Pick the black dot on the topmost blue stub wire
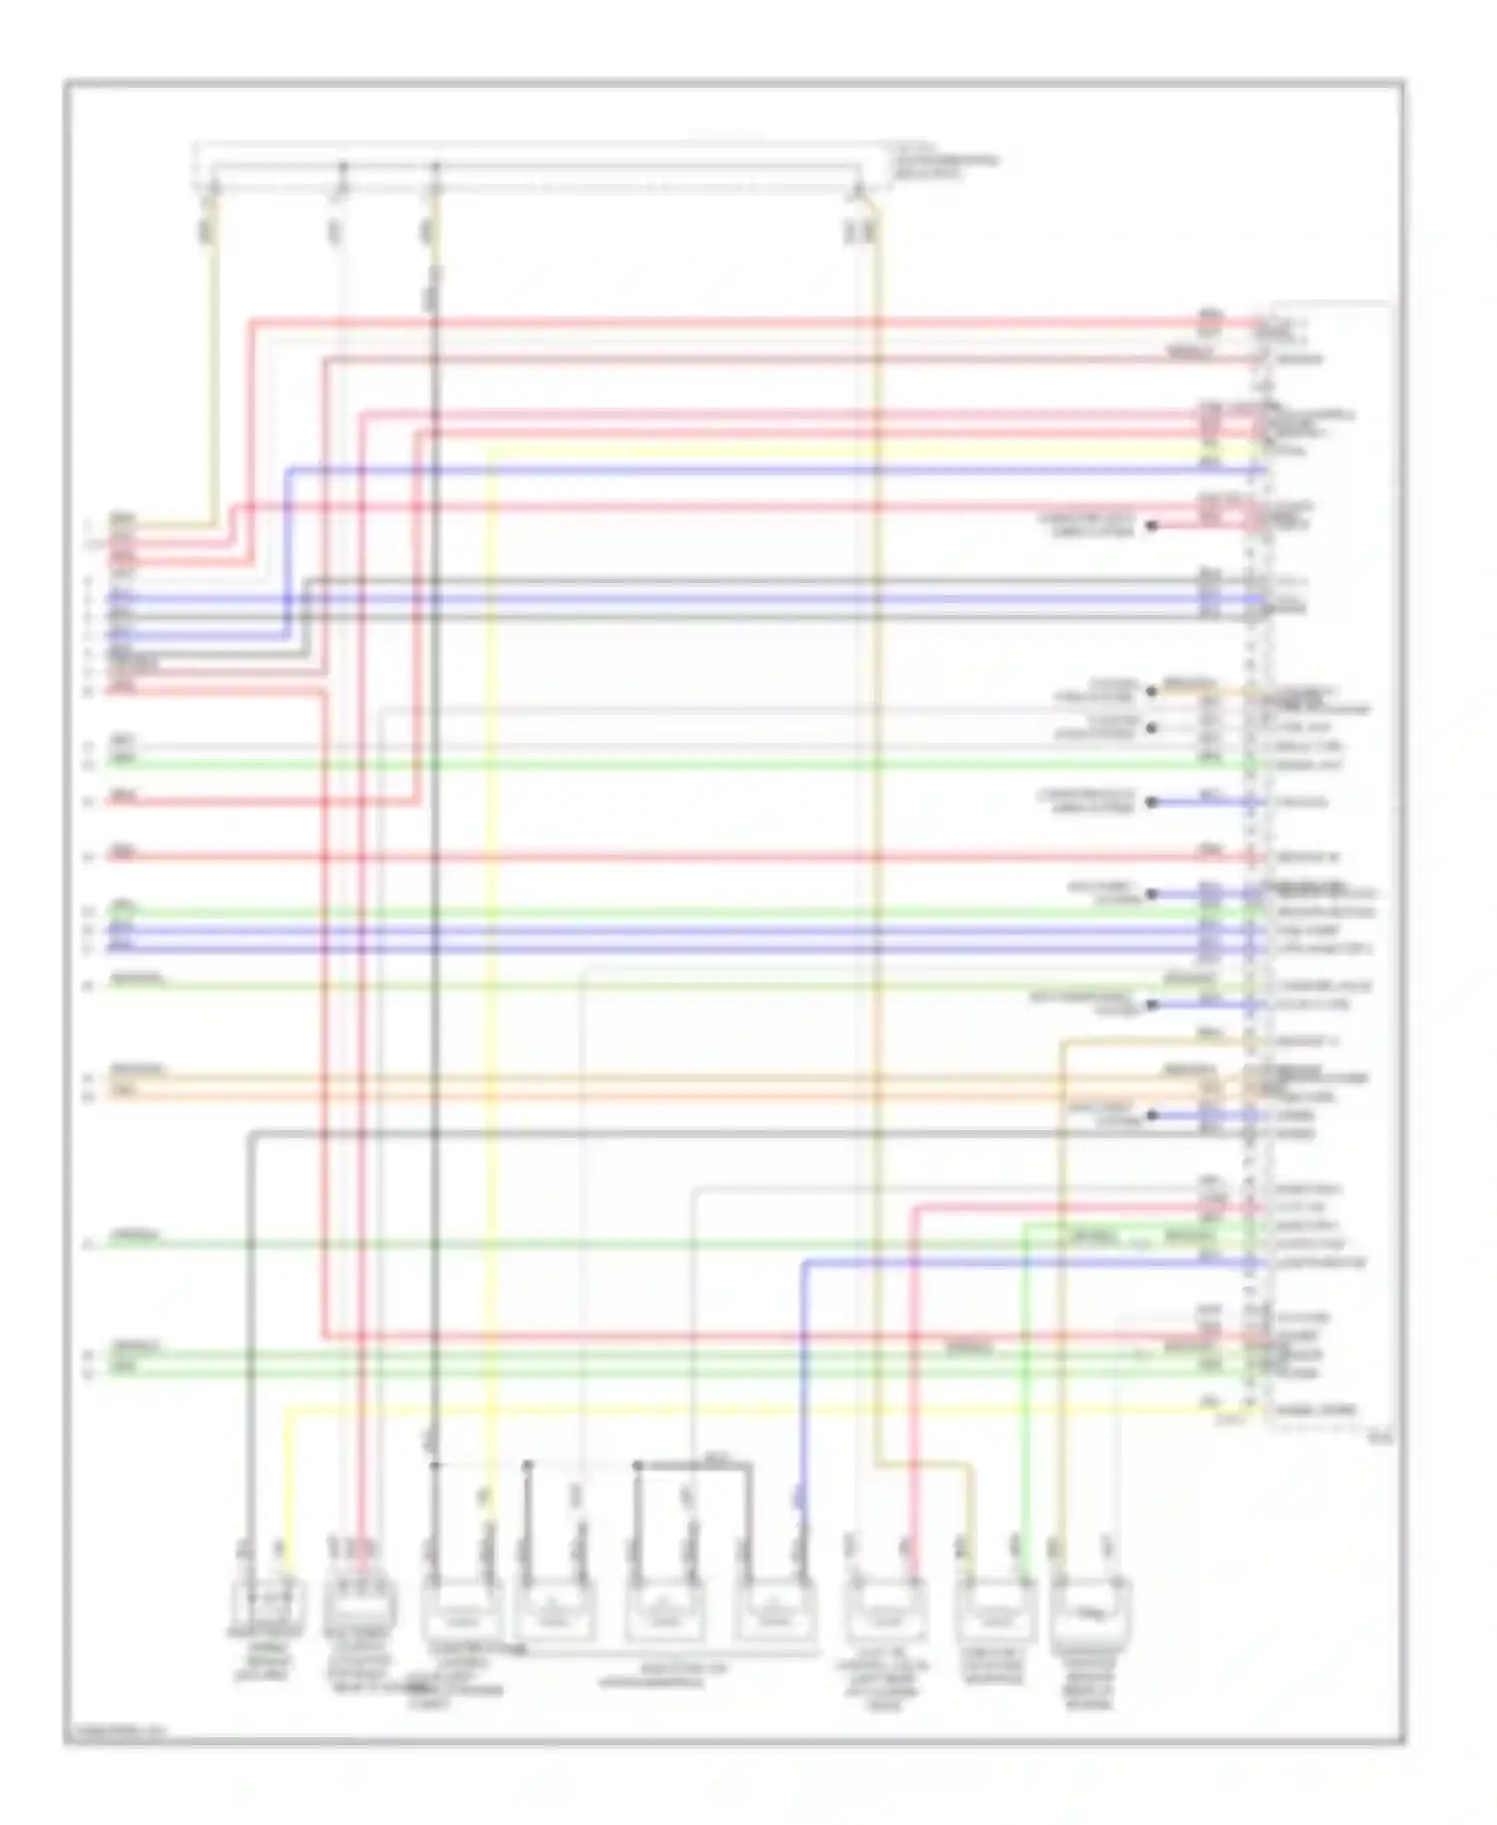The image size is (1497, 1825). (1151, 802)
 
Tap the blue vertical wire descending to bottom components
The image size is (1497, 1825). (803, 1398)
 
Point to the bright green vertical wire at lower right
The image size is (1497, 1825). (1024, 1398)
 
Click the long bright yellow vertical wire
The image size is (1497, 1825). (490, 998)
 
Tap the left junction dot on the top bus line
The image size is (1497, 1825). (342, 165)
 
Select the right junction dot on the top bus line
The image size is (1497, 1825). (435, 165)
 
